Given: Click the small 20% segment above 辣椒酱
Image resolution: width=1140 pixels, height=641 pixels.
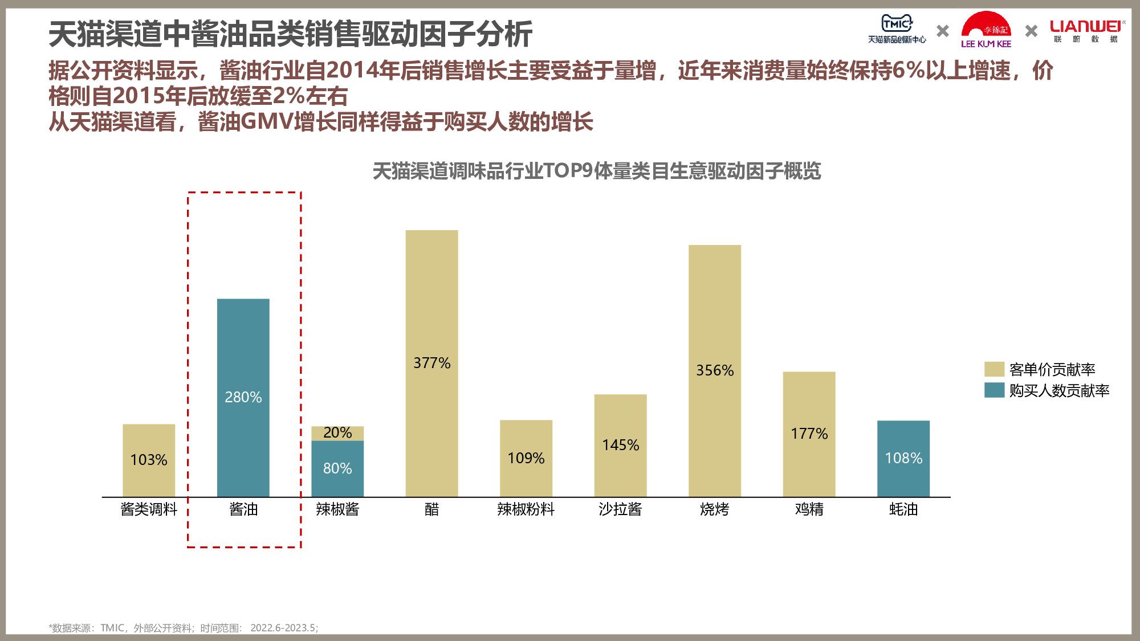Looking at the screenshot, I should pos(337,433).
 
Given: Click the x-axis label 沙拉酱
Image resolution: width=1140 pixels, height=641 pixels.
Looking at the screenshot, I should pos(620,509).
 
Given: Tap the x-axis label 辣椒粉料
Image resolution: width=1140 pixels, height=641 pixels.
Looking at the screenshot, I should pos(526,509).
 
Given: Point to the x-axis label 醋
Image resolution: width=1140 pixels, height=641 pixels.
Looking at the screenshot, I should pos(431,509).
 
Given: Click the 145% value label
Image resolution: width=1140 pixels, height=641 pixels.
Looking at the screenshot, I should pos(620,445).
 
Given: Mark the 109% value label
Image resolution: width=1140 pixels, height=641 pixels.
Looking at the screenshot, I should pos(526,458).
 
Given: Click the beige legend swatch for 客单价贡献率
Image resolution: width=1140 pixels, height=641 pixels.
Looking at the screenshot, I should pos(994,369).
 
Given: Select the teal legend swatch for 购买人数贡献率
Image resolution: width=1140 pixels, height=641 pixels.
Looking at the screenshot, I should pos(994,390).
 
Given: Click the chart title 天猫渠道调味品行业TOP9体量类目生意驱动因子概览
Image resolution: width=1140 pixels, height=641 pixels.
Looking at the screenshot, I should pos(596,171).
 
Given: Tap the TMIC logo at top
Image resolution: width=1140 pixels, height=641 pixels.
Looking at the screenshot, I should pos(897,28).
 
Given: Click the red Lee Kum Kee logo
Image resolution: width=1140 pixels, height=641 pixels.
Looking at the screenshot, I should pos(986,30).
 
